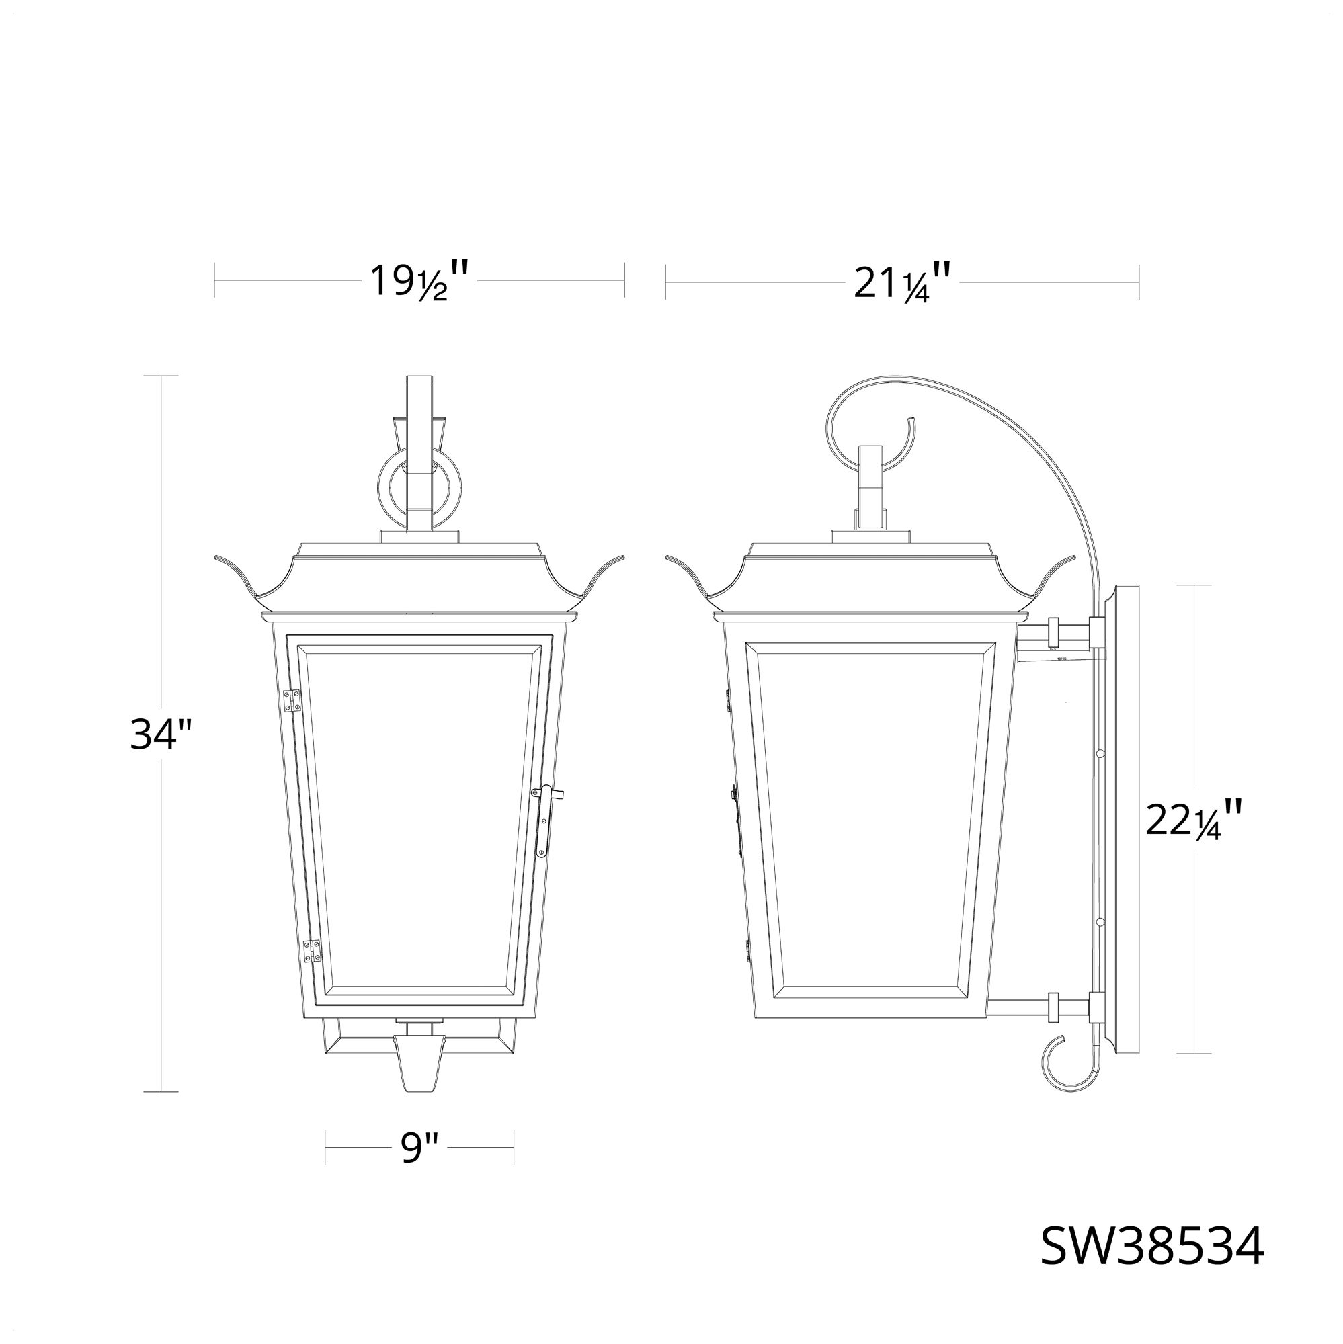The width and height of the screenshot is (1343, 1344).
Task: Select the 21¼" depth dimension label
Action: pos(902,281)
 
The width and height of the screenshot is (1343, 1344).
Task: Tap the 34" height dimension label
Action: pos(160,734)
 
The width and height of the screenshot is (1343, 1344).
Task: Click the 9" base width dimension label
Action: pos(419,1147)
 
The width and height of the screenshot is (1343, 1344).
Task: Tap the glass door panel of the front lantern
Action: pos(419,821)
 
